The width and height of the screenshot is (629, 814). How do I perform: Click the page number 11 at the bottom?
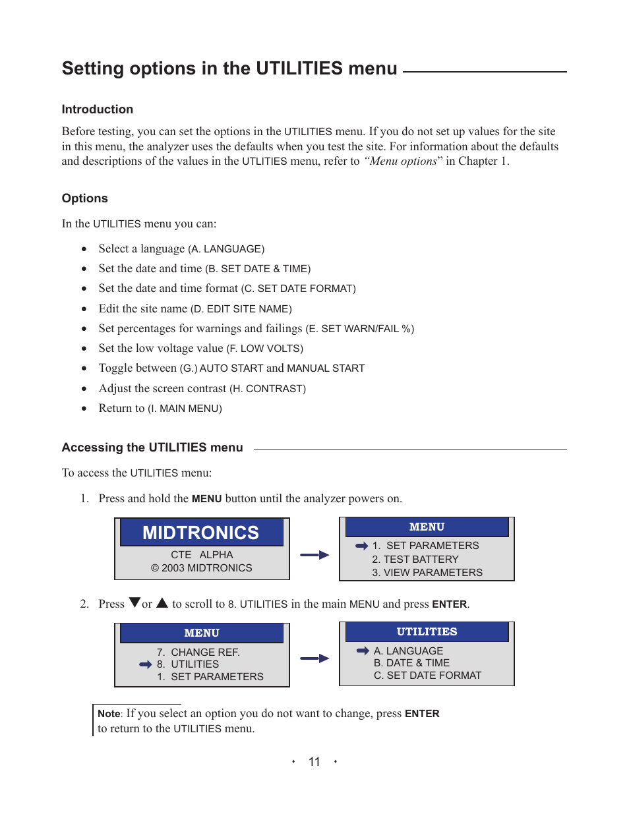point(314,762)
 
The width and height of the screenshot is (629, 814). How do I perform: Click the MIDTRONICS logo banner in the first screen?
point(201,533)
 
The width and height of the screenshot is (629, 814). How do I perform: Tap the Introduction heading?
point(98,109)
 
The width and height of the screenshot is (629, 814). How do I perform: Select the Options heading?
point(85,198)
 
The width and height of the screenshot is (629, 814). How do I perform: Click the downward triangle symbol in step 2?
point(135,602)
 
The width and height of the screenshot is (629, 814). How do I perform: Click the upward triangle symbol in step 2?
point(162,602)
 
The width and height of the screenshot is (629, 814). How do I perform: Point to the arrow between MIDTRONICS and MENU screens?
point(314,555)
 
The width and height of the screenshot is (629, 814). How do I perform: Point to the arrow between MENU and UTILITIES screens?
point(314,658)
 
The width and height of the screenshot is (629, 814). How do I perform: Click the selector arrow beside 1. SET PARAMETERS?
point(361,546)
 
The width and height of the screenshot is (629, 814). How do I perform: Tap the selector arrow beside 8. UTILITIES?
point(146,664)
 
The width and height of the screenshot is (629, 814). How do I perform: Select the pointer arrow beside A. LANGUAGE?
point(363,651)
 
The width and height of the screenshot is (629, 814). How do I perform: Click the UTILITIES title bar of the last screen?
point(427,631)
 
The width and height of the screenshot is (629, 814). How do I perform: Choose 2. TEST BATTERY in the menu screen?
point(415,559)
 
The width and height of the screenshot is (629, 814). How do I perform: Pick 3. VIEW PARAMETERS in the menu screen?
point(427,573)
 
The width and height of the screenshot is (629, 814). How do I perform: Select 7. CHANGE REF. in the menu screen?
point(198,652)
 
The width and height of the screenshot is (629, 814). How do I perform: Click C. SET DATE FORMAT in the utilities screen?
point(427,676)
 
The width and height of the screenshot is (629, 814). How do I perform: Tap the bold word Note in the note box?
point(109,713)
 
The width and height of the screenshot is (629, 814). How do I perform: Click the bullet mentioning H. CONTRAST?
point(202,389)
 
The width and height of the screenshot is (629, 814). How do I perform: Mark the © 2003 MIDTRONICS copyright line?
point(202,568)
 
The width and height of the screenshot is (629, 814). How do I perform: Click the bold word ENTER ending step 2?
point(450,604)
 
